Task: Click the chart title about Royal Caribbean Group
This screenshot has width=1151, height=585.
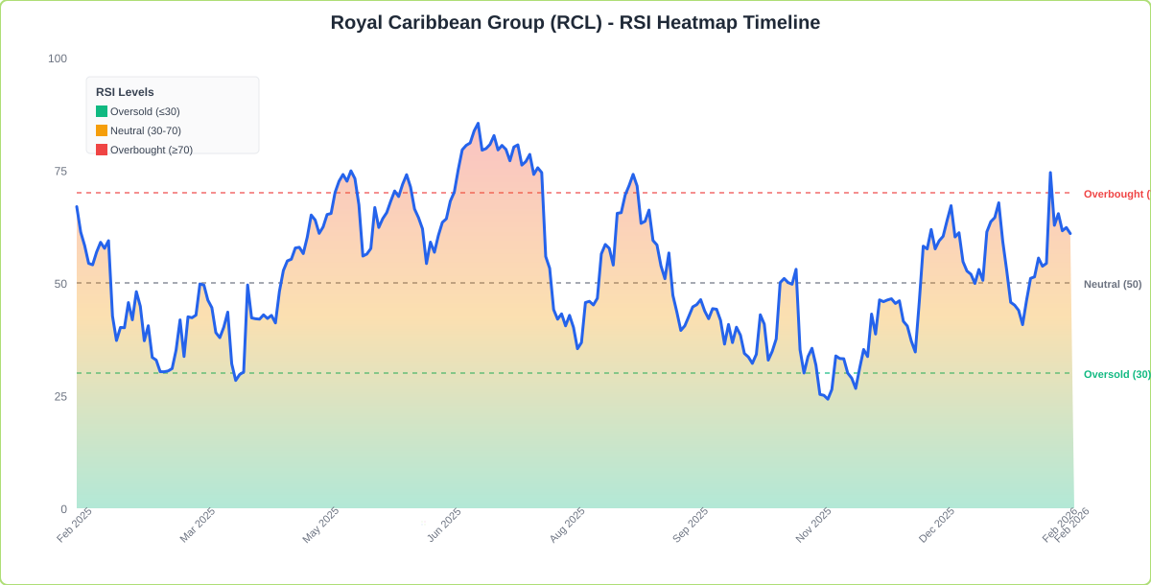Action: [575, 22]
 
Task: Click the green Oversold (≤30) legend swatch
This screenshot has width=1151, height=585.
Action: [102, 111]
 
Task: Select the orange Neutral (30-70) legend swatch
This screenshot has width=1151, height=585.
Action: [102, 130]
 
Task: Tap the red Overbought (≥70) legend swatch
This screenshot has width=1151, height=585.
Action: [102, 150]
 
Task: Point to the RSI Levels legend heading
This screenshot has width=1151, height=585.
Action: [125, 92]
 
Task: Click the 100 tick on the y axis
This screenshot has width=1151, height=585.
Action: [58, 58]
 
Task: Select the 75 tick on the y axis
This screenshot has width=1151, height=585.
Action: [60, 171]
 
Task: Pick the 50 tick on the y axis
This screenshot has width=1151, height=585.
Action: [60, 284]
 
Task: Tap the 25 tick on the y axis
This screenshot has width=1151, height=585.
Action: [60, 396]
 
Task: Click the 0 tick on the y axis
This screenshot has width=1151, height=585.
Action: [63, 509]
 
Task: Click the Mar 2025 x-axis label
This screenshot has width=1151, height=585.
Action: [198, 526]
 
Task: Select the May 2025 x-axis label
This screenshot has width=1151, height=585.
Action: [320, 526]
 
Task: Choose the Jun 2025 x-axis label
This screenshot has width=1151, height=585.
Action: [443, 526]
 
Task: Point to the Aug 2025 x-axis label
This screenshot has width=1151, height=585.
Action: [567, 526]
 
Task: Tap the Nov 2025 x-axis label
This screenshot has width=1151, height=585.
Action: [813, 526]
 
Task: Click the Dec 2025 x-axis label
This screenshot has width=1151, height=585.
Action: [936, 526]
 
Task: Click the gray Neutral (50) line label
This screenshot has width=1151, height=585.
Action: [1113, 284]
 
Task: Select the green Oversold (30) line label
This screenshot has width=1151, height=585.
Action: [1116, 374]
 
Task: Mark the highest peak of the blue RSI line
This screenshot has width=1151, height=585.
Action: [478, 124]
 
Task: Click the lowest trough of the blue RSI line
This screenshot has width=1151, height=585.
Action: [828, 399]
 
